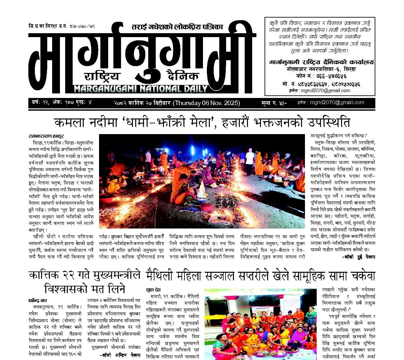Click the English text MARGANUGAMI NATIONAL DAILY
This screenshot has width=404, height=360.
(x=141, y=89)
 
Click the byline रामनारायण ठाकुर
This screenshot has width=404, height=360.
(x=46, y=136)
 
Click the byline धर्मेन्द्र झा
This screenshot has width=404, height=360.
(x=37, y=301)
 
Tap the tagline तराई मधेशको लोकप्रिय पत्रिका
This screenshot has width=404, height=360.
(x=177, y=27)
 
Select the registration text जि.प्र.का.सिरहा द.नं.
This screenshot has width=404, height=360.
(x=48, y=26)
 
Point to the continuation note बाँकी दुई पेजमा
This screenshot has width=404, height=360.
(x=359, y=257)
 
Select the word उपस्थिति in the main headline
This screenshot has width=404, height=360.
(x=325, y=123)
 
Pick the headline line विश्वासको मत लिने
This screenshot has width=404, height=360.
(x=85, y=288)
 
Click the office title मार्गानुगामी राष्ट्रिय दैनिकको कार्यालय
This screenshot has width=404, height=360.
(x=322, y=62)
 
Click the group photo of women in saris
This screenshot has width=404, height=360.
(x=260, y=325)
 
